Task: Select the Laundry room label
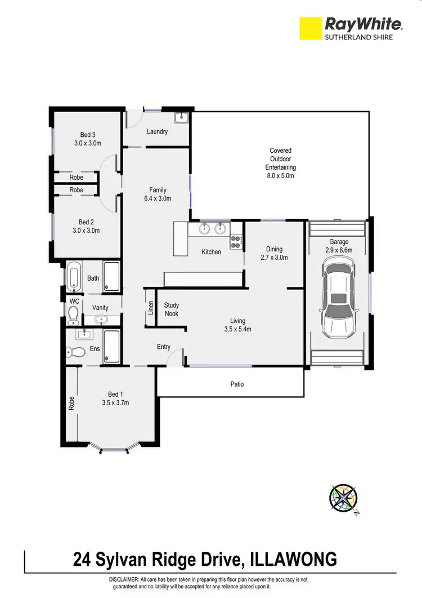click(x=157, y=132)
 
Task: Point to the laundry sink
click(x=182, y=118)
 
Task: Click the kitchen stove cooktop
click(x=236, y=242)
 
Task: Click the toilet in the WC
click(x=73, y=317)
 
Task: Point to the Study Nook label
click(x=171, y=309)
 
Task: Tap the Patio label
click(x=237, y=384)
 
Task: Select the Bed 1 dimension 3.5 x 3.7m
click(x=116, y=403)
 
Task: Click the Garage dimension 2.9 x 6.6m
click(x=339, y=250)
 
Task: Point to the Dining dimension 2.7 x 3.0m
click(x=274, y=258)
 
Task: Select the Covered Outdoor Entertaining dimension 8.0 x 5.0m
click(x=280, y=176)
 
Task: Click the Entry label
click(x=163, y=347)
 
